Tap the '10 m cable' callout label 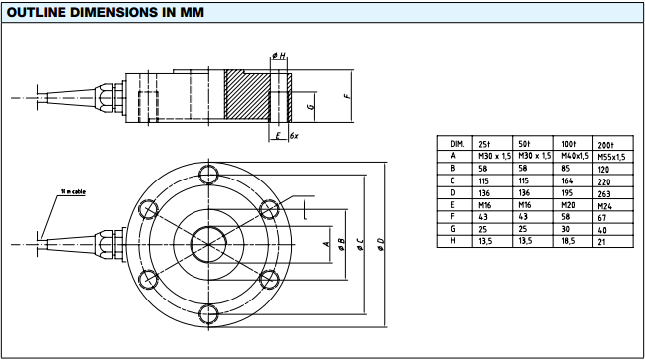[x=73, y=192]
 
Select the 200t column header [x=605, y=145]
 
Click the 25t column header [x=484, y=144]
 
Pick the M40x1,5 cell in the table [x=575, y=156]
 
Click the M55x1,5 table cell [x=611, y=157]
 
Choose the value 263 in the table [x=604, y=194]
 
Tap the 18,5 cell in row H [x=568, y=241]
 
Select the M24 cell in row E [x=605, y=206]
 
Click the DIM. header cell [x=457, y=144]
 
